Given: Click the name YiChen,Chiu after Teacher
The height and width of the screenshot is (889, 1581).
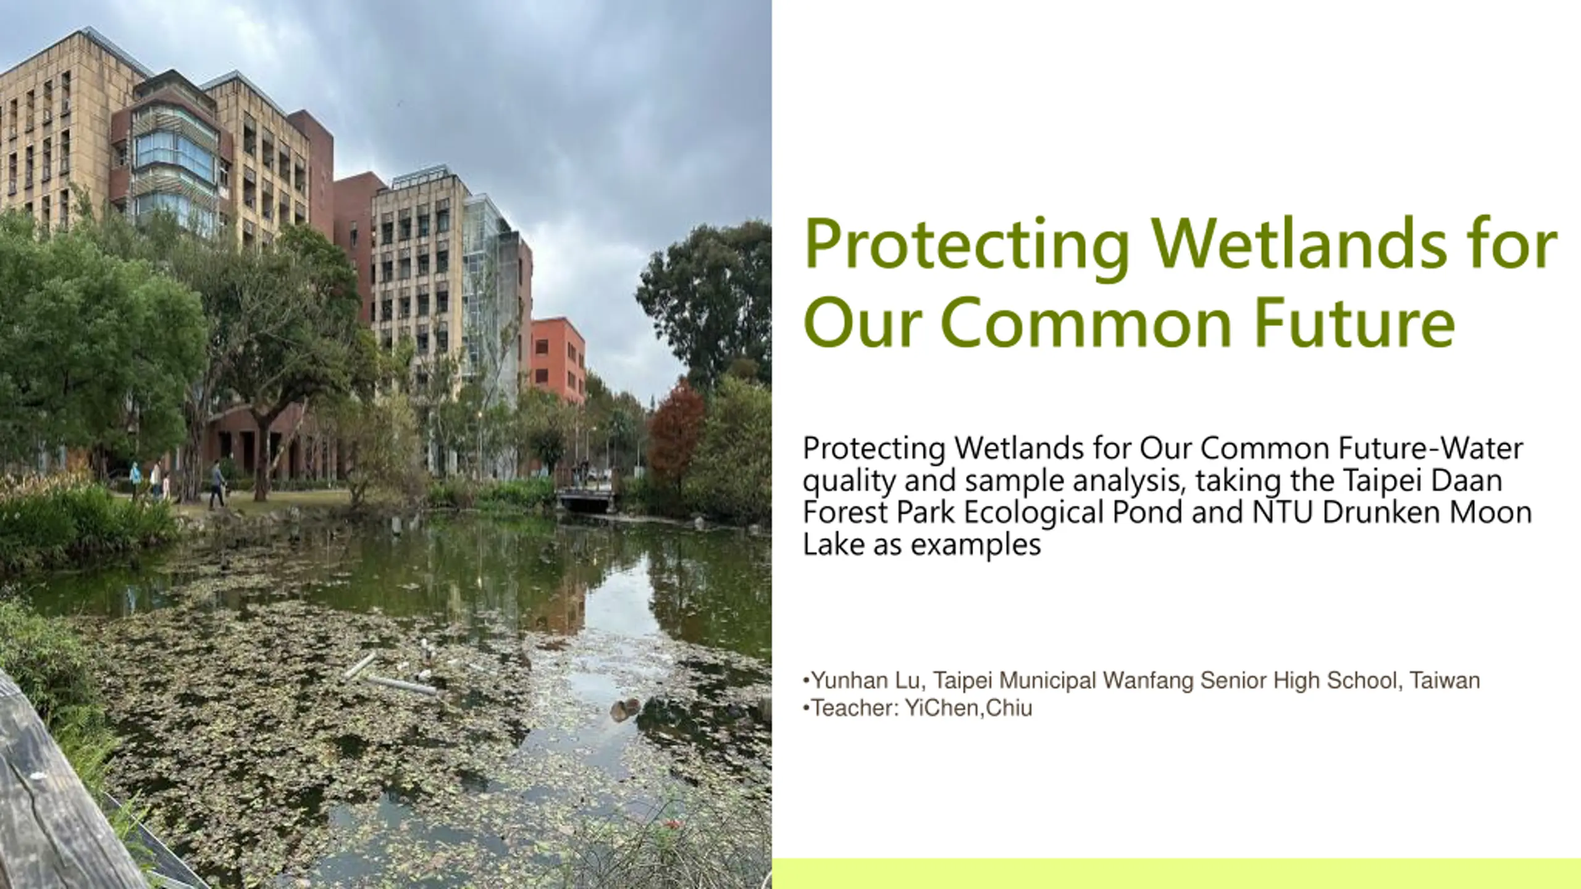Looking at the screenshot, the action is (x=968, y=708).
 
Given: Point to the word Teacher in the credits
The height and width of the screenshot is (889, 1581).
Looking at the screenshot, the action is (x=854, y=708).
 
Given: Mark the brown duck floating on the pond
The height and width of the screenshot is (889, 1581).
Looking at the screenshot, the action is (x=624, y=709).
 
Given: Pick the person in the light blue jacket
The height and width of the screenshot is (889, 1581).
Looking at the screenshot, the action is (x=135, y=475).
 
